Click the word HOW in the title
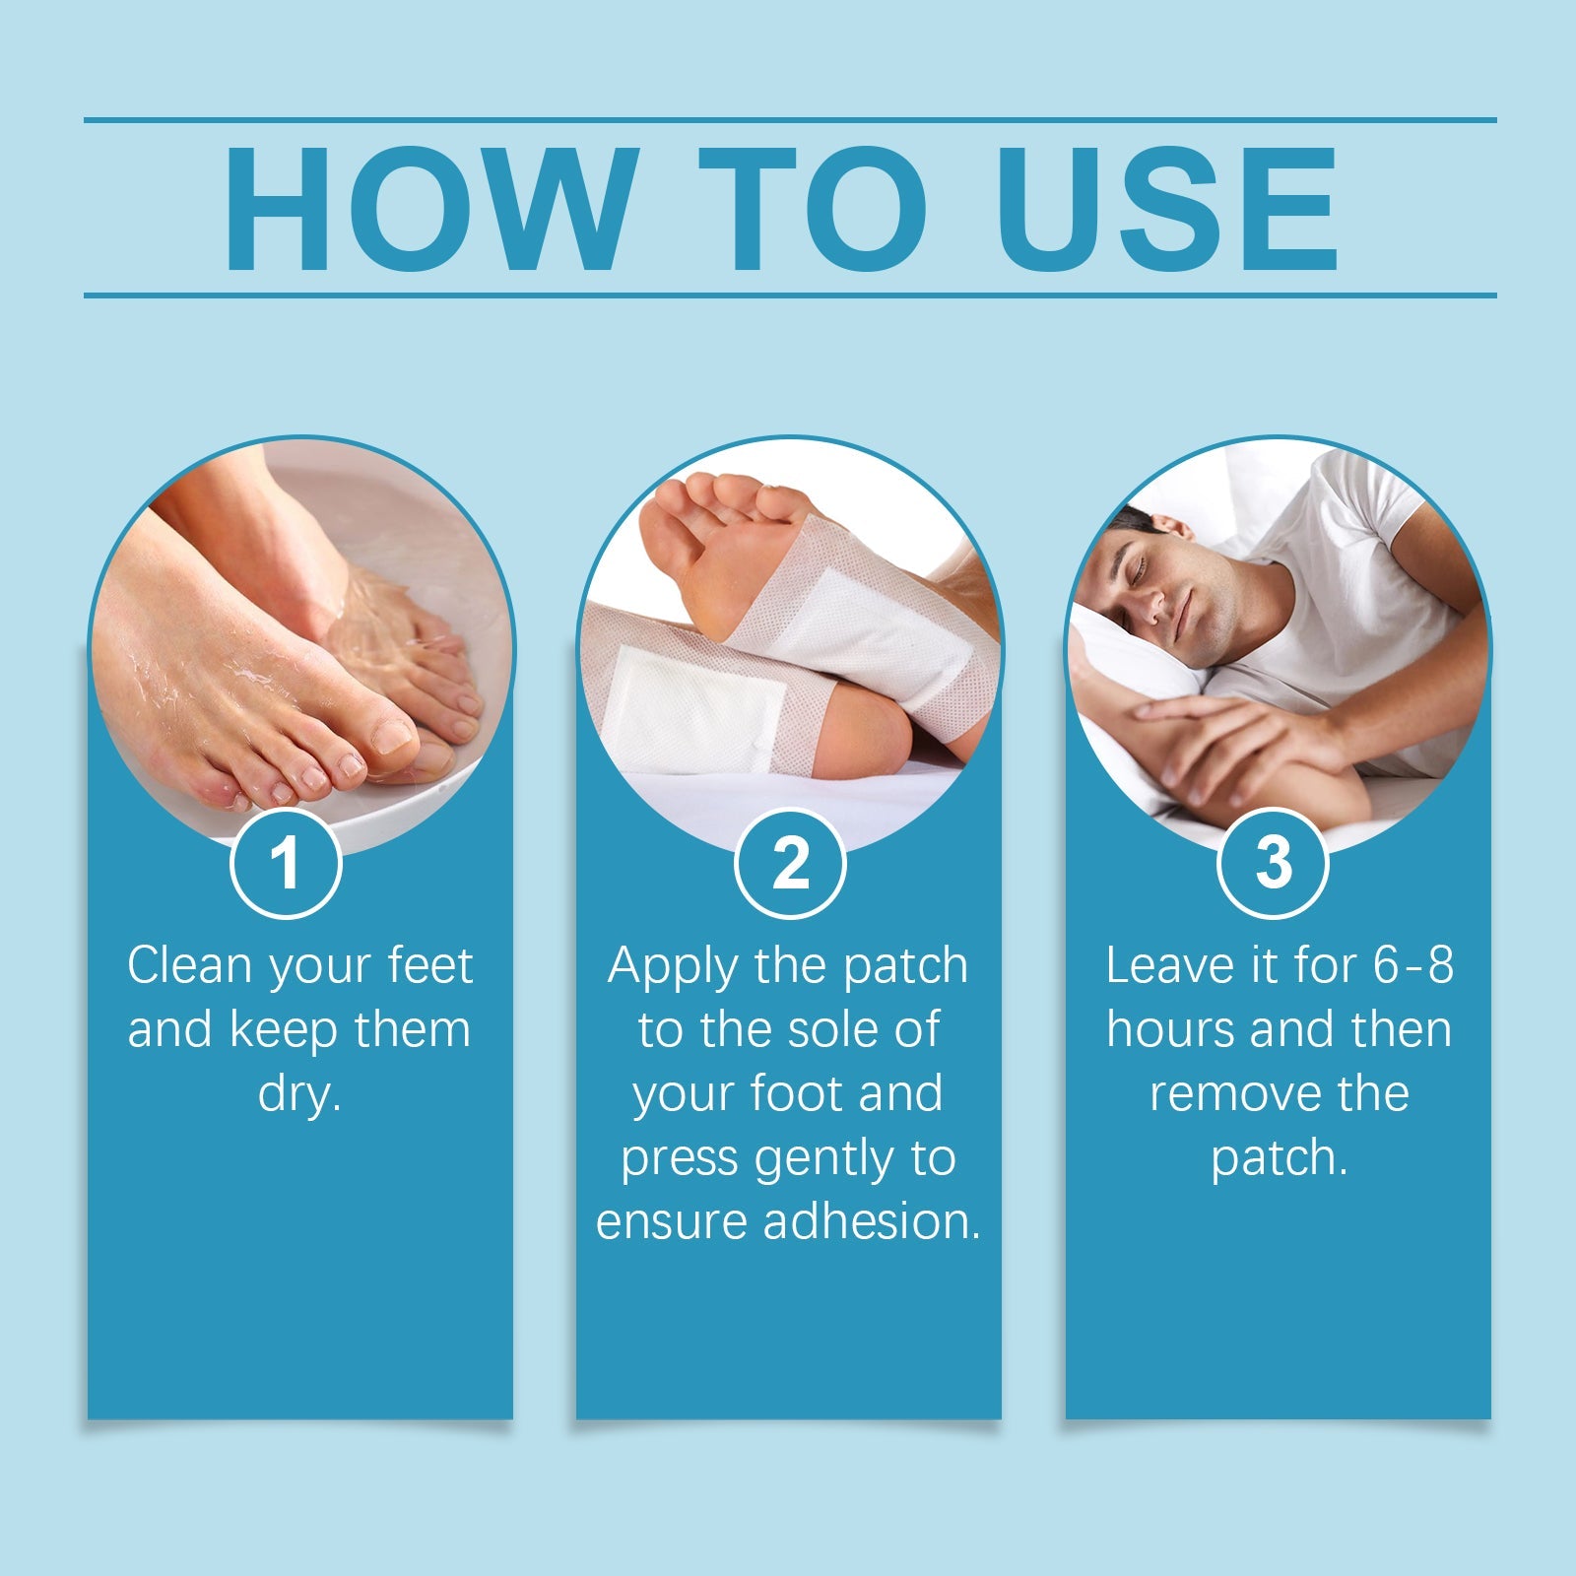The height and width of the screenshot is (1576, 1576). (426, 209)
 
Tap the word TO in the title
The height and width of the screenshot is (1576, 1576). (814, 209)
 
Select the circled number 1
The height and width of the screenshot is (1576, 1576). (286, 863)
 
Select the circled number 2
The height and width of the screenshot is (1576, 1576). (790, 863)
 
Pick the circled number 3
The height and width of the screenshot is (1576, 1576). (1273, 863)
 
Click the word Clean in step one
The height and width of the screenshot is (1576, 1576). (188, 965)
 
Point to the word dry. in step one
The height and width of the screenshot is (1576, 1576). (299, 1093)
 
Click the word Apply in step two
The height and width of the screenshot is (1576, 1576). (671, 967)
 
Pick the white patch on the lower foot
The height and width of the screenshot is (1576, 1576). (694, 709)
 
